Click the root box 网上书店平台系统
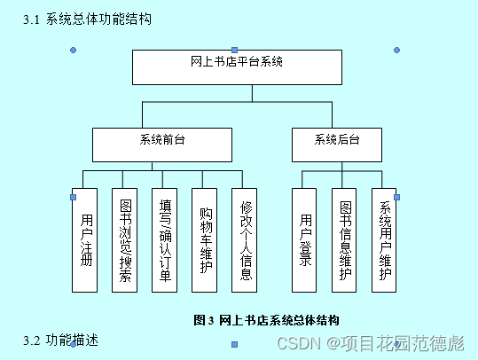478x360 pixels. click(x=237, y=67)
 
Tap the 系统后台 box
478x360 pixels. click(x=336, y=145)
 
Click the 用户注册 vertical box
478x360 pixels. click(x=85, y=239)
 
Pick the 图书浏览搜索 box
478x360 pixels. click(x=125, y=239)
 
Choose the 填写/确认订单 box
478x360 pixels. click(x=165, y=239)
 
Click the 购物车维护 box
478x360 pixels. click(x=206, y=239)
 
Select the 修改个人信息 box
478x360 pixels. click(x=246, y=239)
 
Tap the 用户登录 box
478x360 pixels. click(x=304, y=239)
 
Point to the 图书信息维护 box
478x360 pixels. click(x=345, y=239)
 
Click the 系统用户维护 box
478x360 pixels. click(x=384, y=239)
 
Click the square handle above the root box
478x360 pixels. click(x=234, y=50)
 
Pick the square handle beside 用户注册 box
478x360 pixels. click(x=74, y=197)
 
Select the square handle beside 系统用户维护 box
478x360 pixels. click(x=396, y=197)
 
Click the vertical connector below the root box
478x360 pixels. click(x=237, y=93)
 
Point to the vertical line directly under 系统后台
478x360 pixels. click(x=336, y=166)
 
